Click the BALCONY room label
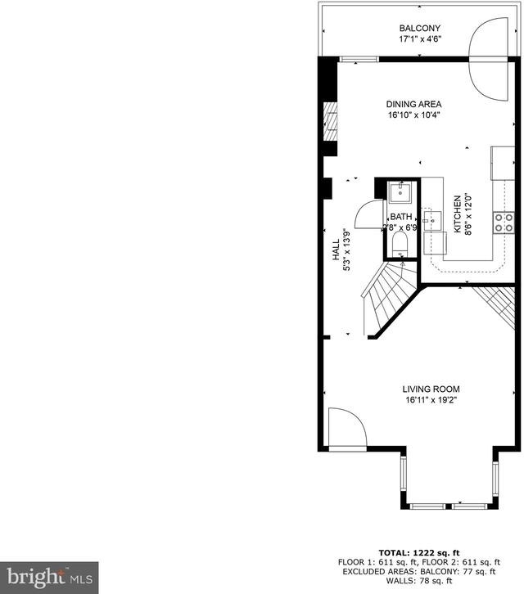(x=420, y=28)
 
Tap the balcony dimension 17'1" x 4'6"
(x=420, y=38)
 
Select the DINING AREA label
(x=413, y=104)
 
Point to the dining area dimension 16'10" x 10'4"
(x=413, y=115)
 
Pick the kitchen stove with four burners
(x=504, y=223)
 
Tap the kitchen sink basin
(x=432, y=221)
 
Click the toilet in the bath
(x=400, y=245)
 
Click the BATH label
(x=401, y=217)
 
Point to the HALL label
(x=336, y=250)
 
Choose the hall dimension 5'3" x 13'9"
(x=346, y=250)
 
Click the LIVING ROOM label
(x=431, y=389)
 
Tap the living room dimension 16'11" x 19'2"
(x=431, y=399)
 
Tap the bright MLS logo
(x=49, y=578)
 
